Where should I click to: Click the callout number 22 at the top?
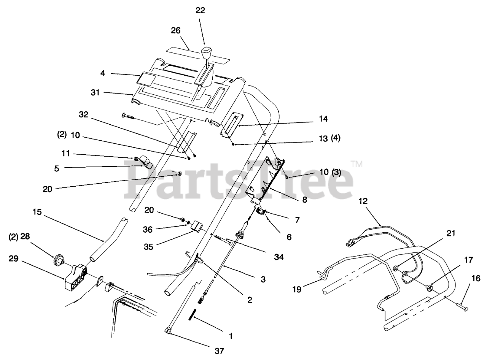(x=200, y=11)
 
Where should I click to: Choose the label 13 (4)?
(x=329, y=139)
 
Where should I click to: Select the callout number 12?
(x=363, y=202)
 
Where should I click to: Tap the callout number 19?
(x=297, y=290)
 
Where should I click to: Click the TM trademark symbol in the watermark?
(x=356, y=164)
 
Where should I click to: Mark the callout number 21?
(x=450, y=233)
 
